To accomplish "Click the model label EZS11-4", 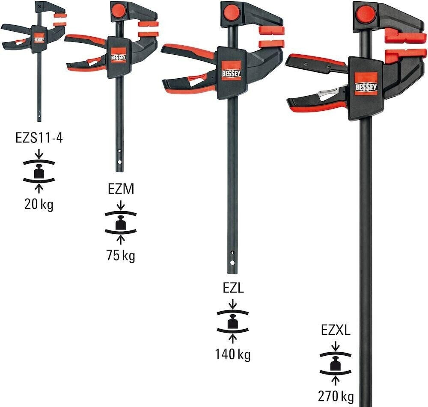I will click(39, 139).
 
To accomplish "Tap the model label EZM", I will click(121, 188).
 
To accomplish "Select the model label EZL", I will click(233, 289).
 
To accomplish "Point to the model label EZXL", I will click(336, 330).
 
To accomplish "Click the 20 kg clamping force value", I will click(39, 205).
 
